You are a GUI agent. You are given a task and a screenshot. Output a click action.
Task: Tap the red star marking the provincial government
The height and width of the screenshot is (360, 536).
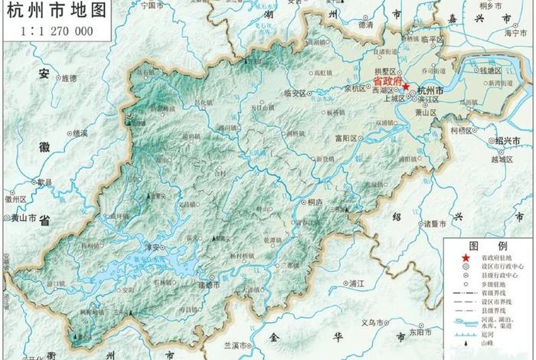coord(406,87)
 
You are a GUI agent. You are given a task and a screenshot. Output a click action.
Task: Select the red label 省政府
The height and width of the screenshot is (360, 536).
coord(386,80)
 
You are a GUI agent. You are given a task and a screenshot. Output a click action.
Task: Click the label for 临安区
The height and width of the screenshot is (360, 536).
coord(294,93)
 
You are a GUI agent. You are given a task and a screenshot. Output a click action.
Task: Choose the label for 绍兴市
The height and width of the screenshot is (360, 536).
coord(507,141)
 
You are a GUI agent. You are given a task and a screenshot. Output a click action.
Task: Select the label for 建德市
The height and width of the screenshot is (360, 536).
coord(208,285)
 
